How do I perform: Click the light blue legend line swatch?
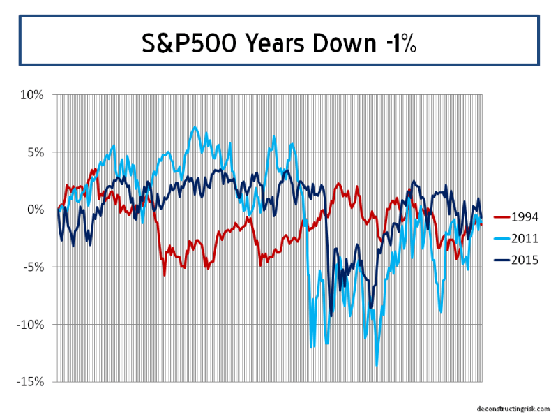501,239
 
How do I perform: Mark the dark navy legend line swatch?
501,260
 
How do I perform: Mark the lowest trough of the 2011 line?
377,365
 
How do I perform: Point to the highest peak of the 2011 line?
195,127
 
